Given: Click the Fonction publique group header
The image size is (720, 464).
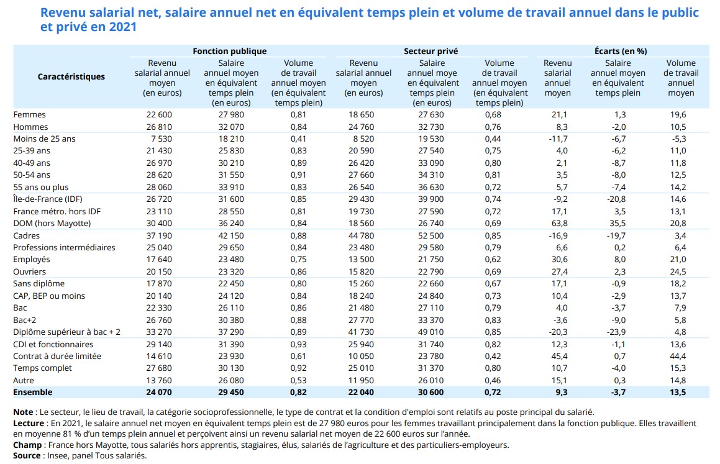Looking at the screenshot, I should (229, 51).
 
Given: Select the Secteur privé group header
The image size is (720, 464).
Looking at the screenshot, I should (431, 51).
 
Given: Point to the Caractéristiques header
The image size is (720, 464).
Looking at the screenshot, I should (71, 76).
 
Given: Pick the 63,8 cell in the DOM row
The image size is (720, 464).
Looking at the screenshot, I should (558, 223).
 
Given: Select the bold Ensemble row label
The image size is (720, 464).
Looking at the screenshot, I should (33, 392).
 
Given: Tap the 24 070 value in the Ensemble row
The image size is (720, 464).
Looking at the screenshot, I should (159, 392).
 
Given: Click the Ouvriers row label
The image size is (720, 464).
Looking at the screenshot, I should (30, 271).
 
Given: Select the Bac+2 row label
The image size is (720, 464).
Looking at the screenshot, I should (25, 320).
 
